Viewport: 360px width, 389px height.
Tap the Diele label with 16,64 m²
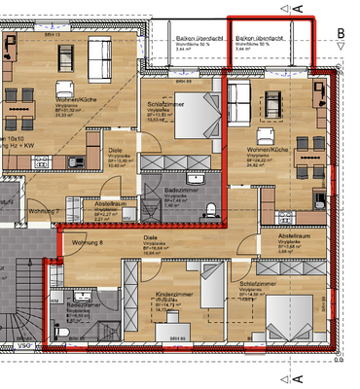pyautogui.click(x=151, y=236)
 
